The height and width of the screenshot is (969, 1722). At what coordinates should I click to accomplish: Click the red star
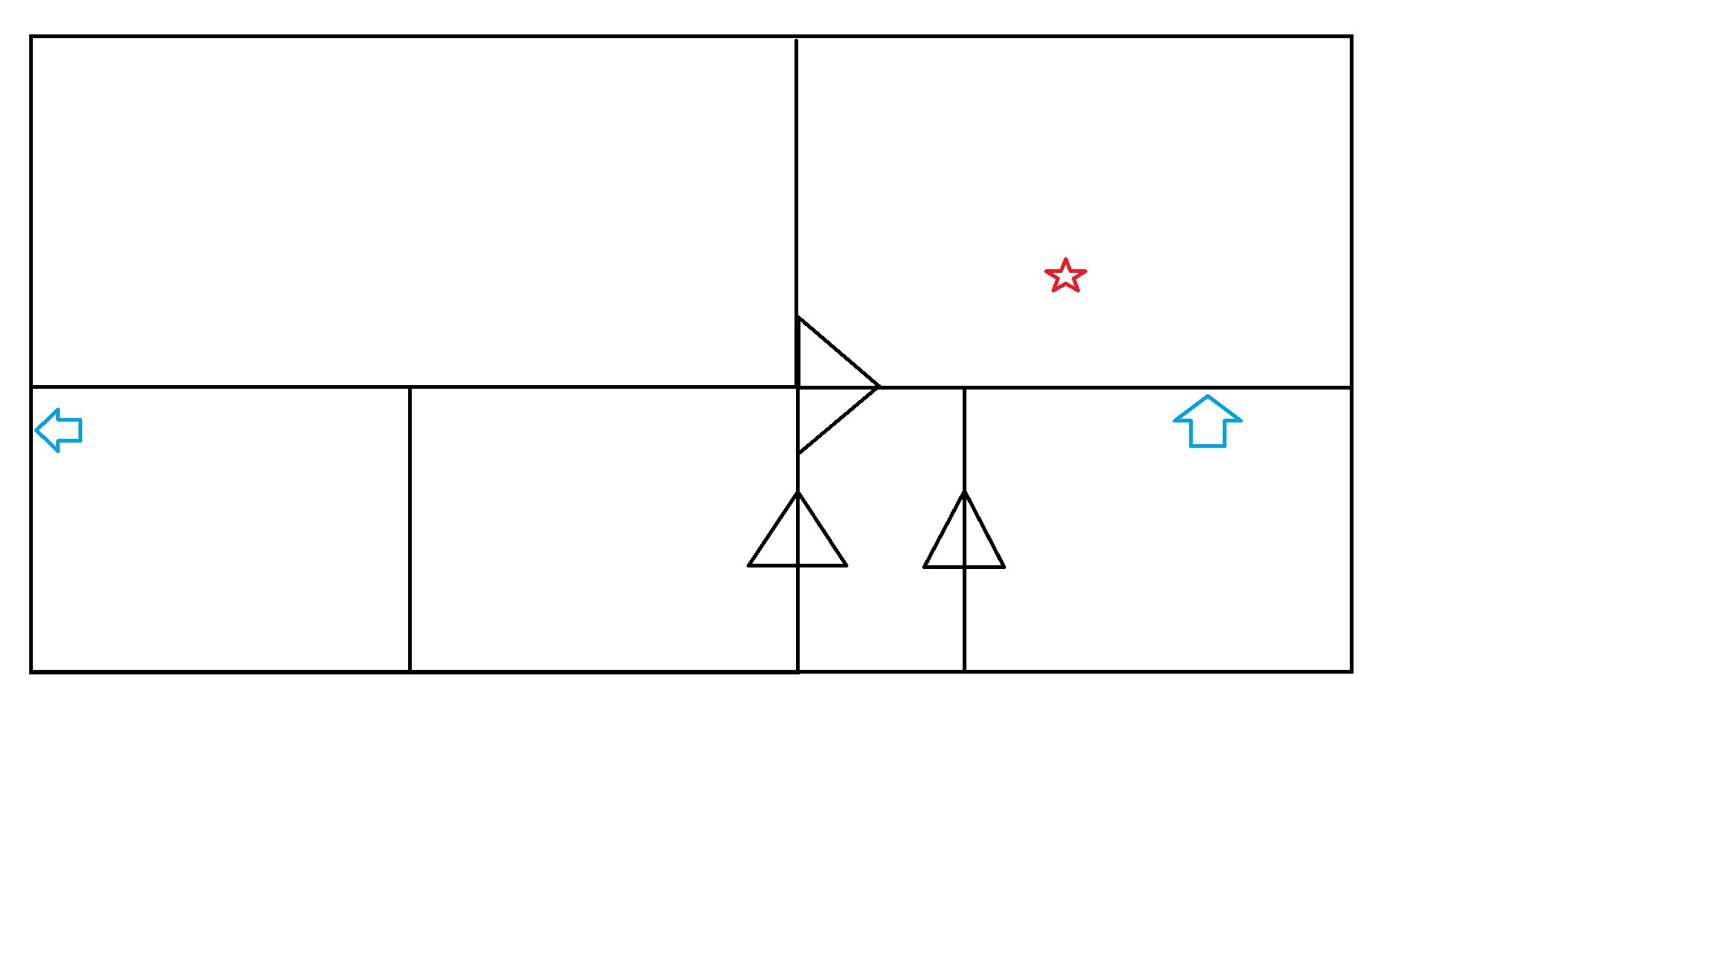point(1065,276)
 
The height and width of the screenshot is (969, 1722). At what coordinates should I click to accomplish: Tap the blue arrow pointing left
point(59,430)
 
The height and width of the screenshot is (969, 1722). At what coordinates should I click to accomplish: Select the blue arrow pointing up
point(1207,422)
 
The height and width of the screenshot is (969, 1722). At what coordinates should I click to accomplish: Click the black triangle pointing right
point(830,386)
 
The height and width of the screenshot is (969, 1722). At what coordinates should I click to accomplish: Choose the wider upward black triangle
point(797,538)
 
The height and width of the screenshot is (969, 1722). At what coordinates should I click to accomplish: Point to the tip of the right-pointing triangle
point(879,387)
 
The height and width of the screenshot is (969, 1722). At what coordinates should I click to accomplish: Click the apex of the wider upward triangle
point(797,492)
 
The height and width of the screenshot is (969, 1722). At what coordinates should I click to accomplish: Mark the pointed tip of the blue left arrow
point(36,430)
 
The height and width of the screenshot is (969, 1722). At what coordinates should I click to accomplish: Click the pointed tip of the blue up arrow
point(1207,396)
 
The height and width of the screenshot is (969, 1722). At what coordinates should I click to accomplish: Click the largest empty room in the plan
point(411,209)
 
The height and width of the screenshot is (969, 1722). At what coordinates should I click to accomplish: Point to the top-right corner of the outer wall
point(1351,36)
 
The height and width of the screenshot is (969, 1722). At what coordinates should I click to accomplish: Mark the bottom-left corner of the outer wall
point(31,671)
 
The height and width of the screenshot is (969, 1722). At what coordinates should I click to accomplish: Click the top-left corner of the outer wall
point(31,36)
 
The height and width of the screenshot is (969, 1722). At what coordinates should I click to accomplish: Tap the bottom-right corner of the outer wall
point(1351,671)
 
